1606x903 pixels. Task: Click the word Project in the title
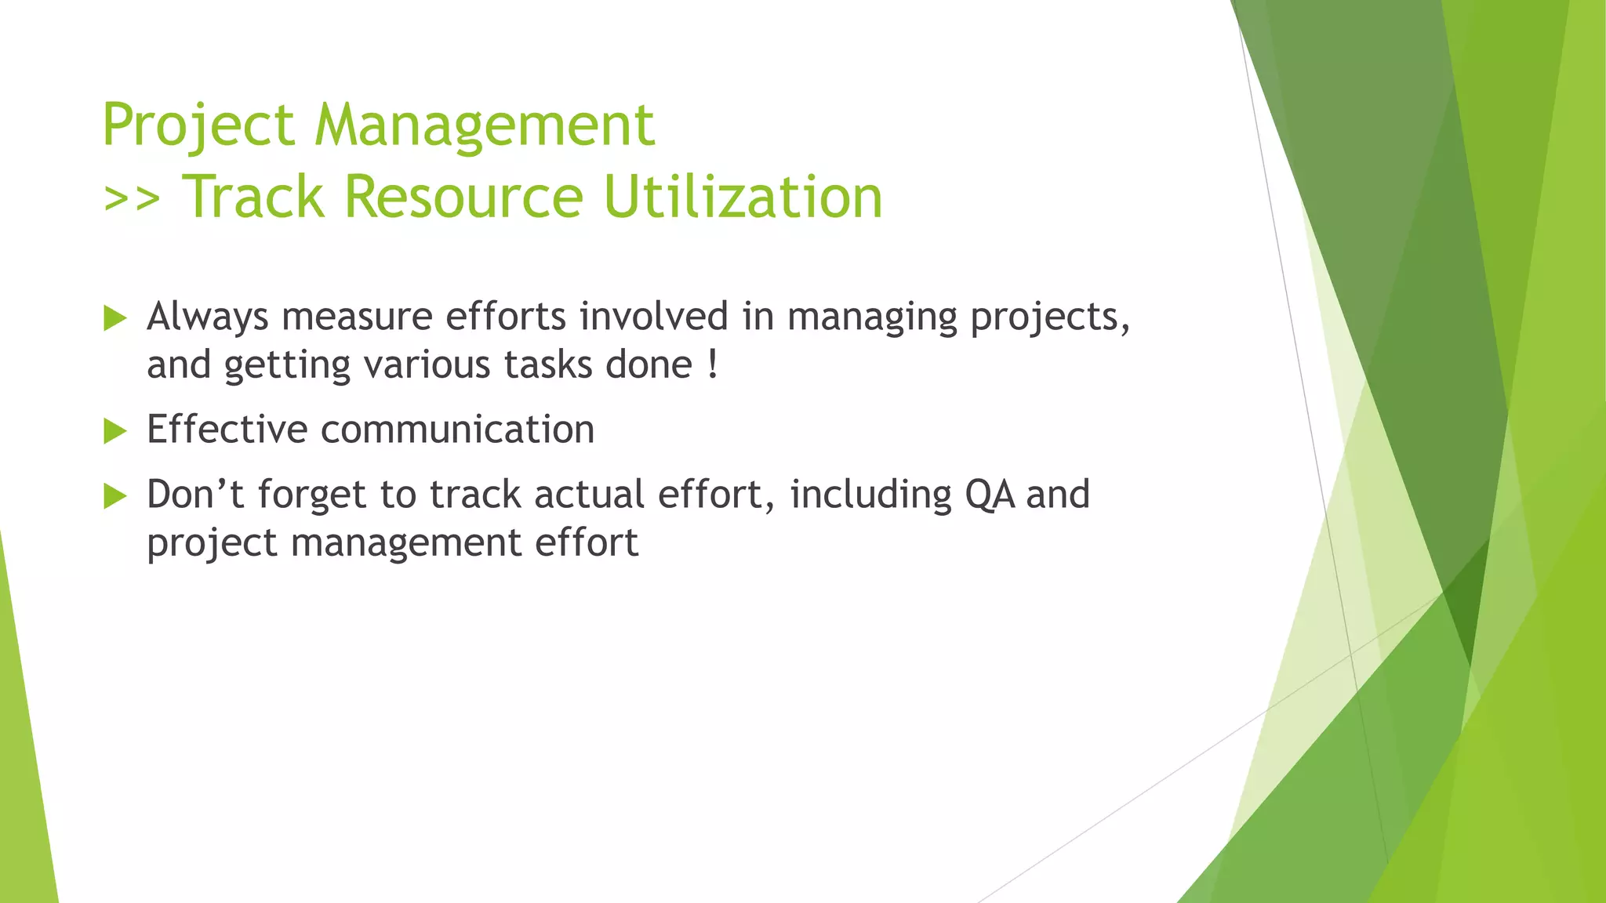coord(198,125)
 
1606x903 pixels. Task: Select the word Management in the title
coord(485,125)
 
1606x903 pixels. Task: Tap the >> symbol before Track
coord(132,198)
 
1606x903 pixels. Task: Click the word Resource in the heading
coord(463,197)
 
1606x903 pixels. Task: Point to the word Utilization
coord(743,197)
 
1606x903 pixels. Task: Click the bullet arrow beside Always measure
coord(114,318)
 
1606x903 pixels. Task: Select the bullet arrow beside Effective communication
coord(114,431)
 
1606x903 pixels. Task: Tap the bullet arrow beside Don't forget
coord(114,496)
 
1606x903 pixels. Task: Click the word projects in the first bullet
coord(1049,317)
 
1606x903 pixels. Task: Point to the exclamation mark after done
coord(712,365)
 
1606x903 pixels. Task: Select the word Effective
coord(227,430)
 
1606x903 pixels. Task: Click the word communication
coord(457,430)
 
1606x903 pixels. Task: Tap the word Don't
coord(196,495)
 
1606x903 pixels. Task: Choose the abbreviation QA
coord(990,495)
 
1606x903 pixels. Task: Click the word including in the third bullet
coord(870,495)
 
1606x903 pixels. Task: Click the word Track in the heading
coord(253,197)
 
